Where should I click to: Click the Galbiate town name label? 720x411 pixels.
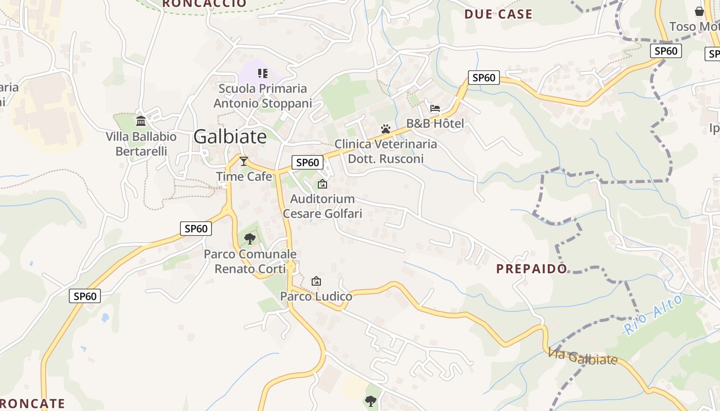[x=230, y=137]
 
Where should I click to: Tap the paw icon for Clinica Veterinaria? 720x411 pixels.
[x=386, y=128]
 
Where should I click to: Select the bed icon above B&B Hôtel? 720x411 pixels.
[x=435, y=108]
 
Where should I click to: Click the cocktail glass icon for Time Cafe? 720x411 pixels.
[x=244, y=161]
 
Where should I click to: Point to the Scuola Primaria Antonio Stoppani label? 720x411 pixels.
[x=263, y=96]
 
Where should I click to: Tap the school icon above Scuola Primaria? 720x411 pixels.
[x=263, y=73]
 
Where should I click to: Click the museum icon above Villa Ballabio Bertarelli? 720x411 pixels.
[x=141, y=121]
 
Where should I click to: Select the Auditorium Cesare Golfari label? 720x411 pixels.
[x=322, y=206]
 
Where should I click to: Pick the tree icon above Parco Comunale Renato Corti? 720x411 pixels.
[x=250, y=238]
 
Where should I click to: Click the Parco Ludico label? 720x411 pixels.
[x=316, y=296]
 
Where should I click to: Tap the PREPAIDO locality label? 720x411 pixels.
[x=532, y=269]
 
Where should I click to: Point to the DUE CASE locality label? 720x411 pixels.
[x=498, y=14]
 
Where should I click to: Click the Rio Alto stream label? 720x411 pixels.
[x=654, y=314]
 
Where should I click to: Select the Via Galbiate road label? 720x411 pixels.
[x=583, y=356]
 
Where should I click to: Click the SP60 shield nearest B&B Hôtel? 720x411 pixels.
[x=484, y=78]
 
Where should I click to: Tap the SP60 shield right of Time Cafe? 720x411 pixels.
[x=308, y=162]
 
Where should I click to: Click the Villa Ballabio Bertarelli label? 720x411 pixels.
[x=141, y=144]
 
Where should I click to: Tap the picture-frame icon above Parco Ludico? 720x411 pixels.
[x=316, y=281]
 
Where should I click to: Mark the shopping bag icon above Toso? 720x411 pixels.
[x=699, y=11]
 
